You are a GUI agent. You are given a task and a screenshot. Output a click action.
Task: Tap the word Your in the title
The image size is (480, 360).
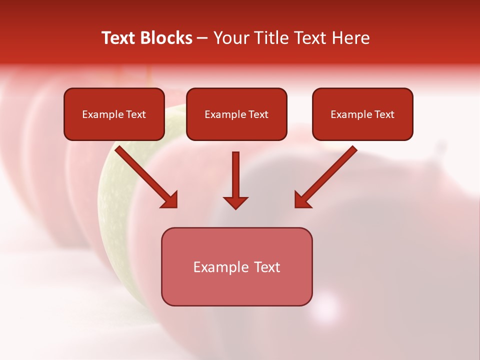230,38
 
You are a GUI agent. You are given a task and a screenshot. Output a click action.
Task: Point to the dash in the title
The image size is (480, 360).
202,38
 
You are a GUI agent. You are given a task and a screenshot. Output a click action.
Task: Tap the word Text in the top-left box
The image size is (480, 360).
136,114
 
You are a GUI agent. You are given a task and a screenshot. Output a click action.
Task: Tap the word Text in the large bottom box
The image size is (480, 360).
267,267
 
